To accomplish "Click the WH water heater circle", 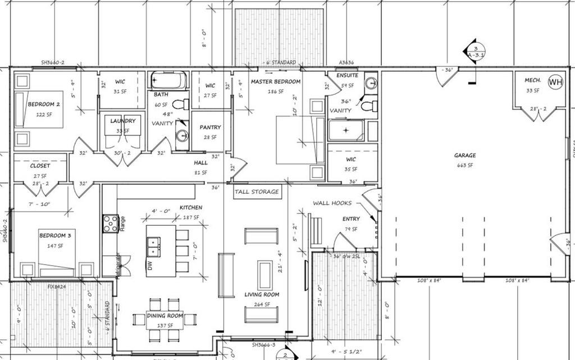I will click(555, 83).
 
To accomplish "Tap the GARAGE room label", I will click(465, 156).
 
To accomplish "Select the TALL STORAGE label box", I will click(257, 192).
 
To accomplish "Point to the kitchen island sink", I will click(153, 246).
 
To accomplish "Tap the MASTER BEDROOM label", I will click(275, 82).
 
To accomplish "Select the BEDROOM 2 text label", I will click(44, 104).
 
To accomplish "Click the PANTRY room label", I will click(210, 127).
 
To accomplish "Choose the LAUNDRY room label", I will click(122, 121).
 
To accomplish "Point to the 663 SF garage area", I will click(465, 165).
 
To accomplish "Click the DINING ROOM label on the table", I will click(164, 316).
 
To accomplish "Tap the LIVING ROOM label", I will click(262, 294).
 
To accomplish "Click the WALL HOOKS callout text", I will click(332, 203).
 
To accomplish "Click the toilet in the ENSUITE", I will click(368, 105).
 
